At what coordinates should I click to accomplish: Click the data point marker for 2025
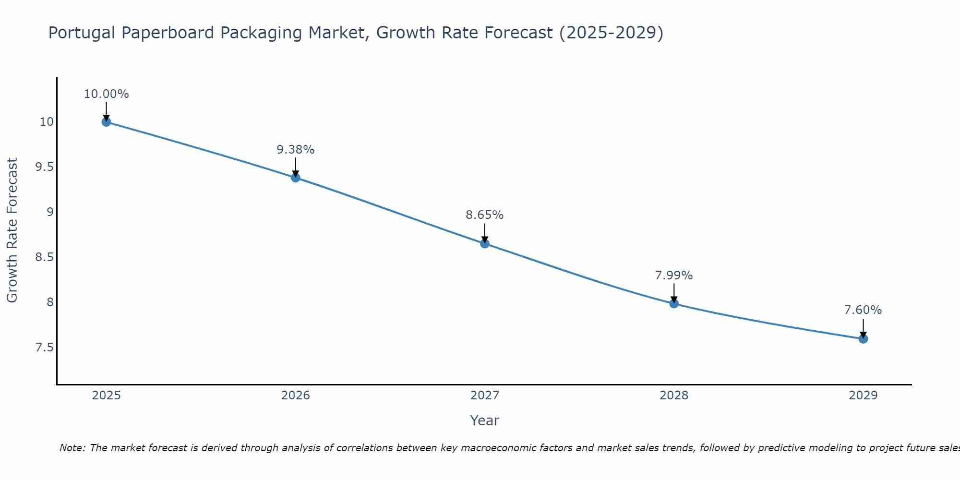click(106, 122)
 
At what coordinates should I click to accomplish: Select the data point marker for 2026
click(296, 178)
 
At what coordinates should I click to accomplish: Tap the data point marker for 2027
click(485, 244)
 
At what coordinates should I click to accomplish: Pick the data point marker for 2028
click(674, 303)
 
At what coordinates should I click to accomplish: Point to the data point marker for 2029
click(863, 339)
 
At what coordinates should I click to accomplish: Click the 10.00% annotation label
click(106, 94)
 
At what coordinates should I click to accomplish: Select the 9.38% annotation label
click(296, 150)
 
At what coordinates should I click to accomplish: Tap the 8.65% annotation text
click(485, 215)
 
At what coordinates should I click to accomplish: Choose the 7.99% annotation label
click(674, 276)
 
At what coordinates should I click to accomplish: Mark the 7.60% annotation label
click(863, 310)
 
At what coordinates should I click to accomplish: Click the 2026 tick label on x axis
click(296, 396)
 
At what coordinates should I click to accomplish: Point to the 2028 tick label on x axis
click(674, 396)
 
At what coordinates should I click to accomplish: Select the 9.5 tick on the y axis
click(44, 167)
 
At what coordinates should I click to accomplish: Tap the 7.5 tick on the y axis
click(44, 347)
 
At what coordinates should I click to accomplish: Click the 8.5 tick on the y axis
click(44, 257)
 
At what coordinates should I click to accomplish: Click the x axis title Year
click(485, 420)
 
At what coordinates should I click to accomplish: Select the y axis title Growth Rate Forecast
click(12, 230)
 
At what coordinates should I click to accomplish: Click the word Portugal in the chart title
click(82, 33)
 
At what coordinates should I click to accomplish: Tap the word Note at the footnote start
click(72, 448)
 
